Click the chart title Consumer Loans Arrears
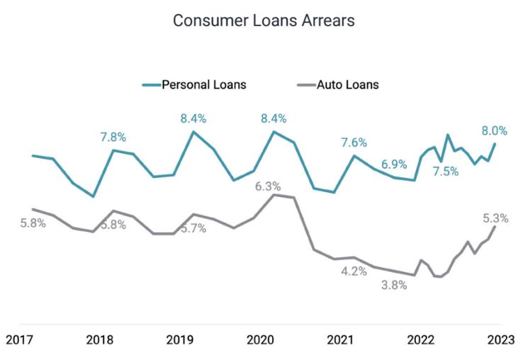[264, 21]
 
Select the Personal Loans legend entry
[204, 85]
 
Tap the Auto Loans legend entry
[347, 85]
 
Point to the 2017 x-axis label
[20, 339]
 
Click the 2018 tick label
[100, 339]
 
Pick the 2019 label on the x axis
[180, 339]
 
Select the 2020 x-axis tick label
[260, 339]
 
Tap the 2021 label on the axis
[340, 339]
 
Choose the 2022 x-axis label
[420, 339]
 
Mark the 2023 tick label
[500, 339]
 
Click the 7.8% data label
[113, 136]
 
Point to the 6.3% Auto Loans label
[268, 186]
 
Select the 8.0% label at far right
[494, 130]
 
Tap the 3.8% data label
[394, 286]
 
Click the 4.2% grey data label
[354, 271]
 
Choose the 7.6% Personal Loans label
[354, 142]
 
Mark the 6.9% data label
[394, 164]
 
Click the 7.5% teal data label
[445, 171]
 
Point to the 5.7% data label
[193, 228]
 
